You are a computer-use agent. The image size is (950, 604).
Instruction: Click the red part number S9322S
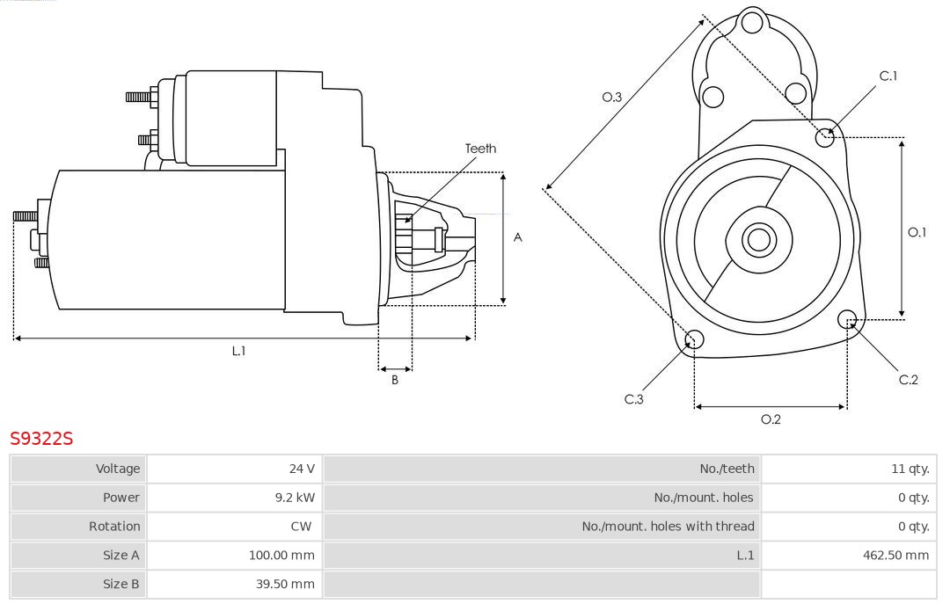(41, 438)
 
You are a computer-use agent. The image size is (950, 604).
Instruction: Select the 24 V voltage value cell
(302, 469)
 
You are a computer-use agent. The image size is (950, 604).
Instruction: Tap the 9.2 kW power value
(294, 498)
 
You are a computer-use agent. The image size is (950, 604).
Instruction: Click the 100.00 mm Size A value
(281, 555)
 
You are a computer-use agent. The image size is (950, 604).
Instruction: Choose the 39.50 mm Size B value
(284, 584)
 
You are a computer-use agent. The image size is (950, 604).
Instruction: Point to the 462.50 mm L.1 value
(895, 555)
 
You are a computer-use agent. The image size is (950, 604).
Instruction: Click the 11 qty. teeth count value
(910, 469)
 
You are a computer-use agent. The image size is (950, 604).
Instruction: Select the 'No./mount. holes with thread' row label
(668, 527)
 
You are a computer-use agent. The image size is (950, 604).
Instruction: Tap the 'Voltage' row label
(118, 469)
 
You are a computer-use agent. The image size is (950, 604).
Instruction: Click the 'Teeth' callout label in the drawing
(480, 149)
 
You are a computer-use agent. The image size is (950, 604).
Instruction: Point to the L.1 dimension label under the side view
(238, 351)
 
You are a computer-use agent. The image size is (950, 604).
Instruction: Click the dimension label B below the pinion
(395, 380)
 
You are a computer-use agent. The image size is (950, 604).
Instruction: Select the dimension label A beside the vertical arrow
(518, 237)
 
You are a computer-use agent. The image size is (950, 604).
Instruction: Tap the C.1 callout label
(888, 76)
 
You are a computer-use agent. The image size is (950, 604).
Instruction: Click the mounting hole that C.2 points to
(848, 318)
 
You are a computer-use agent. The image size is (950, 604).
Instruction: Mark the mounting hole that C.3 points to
(694, 339)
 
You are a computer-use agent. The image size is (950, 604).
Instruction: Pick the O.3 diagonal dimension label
(611, 98)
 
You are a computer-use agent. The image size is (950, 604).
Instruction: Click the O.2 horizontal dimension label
(771, 419)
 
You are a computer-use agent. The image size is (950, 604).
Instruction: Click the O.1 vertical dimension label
(917, 232)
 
